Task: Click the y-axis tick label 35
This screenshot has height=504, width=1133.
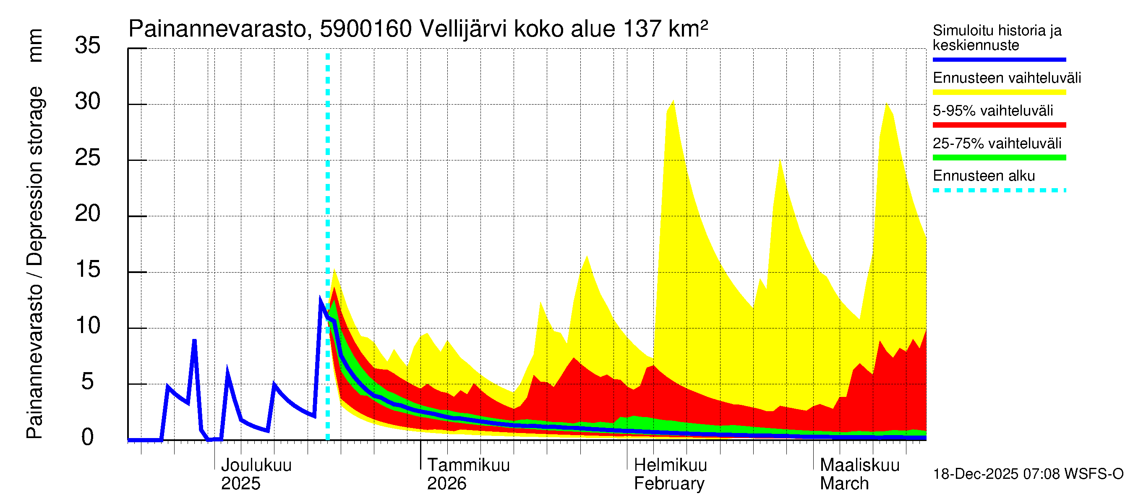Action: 88,45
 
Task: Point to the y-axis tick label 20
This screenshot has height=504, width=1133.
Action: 88,213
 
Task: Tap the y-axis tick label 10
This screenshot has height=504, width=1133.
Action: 88,326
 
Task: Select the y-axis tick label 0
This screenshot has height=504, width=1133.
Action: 88,438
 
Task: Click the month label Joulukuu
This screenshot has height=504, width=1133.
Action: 256,465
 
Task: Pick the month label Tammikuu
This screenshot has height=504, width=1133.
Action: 468,465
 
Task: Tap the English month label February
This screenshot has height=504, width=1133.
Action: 669,484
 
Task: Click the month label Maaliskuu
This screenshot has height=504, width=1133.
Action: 860,465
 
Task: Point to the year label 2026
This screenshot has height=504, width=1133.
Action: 446,484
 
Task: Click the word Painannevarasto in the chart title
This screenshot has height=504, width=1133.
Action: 218,29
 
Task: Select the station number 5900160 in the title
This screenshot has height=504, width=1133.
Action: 365,29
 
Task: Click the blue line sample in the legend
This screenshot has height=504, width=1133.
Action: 999,59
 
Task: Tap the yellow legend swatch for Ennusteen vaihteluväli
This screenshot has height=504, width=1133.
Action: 999,92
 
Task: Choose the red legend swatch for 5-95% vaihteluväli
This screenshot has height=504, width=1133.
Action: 999,125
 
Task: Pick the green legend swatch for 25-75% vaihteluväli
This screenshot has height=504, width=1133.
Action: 999,157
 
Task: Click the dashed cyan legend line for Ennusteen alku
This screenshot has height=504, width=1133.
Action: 999,191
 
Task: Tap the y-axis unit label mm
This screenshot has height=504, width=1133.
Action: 35,45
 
